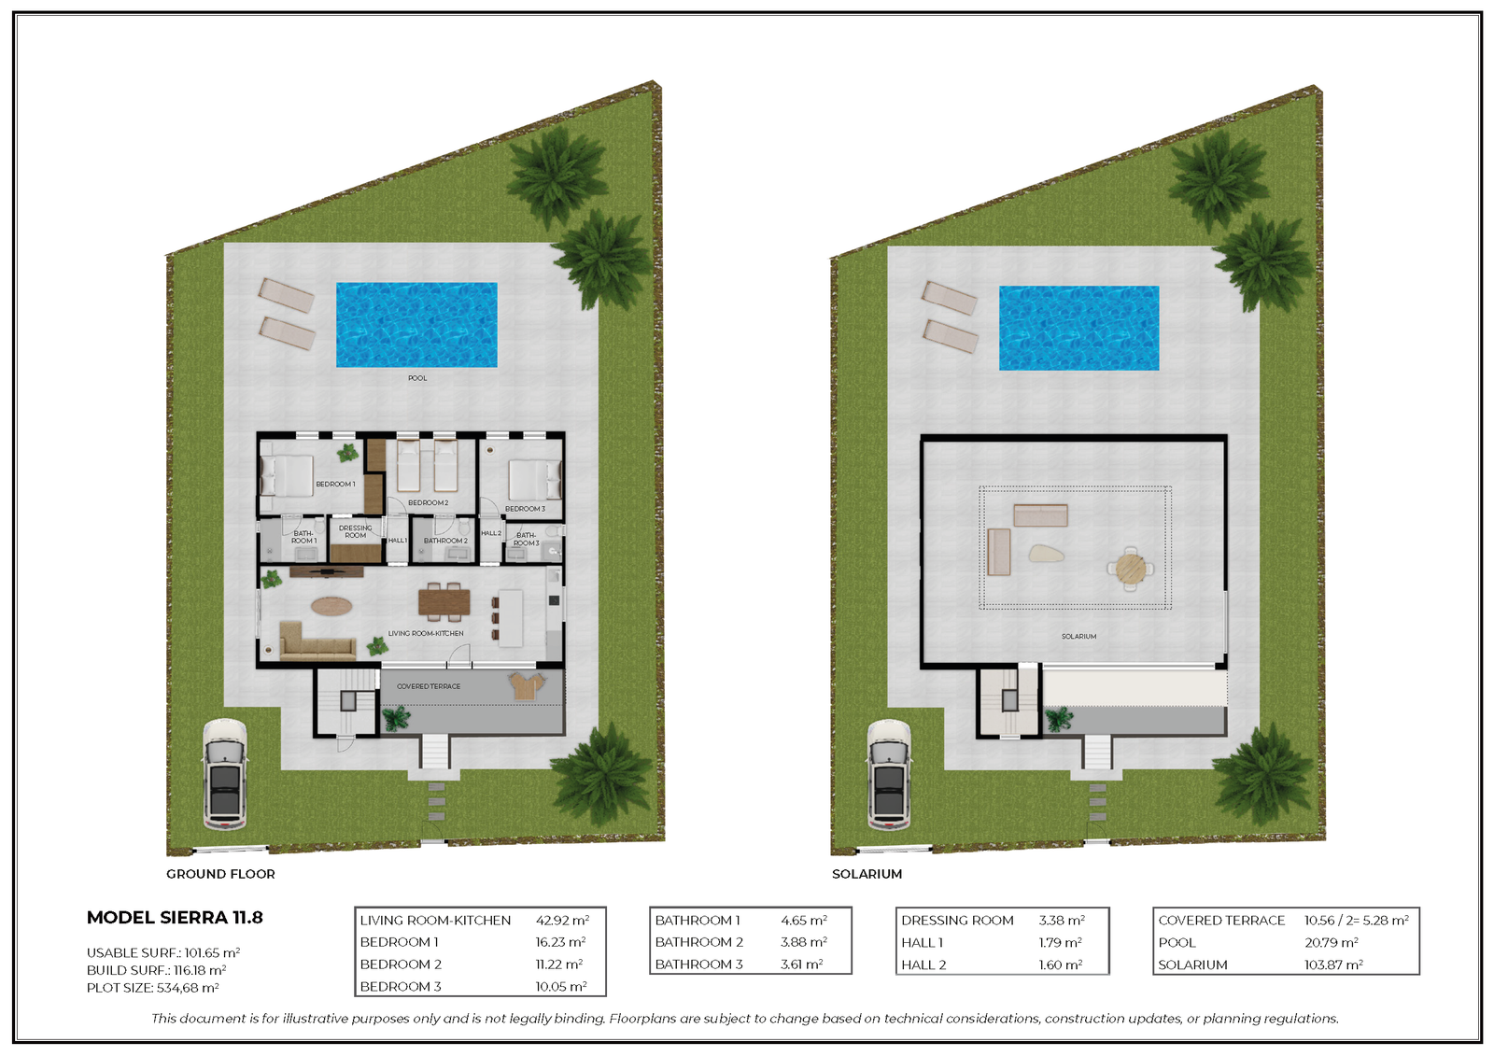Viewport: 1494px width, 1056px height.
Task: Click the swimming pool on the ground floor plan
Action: tap(416, 325)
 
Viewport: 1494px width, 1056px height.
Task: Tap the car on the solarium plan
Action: tap(889, 774)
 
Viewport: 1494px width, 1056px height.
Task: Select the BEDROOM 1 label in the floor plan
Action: tap(335, 485)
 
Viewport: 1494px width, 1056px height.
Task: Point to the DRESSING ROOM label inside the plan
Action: tap(356, 531)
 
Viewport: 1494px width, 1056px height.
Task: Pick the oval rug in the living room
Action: tap(331, 606)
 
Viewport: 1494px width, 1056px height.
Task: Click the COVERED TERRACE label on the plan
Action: tap(429, 686)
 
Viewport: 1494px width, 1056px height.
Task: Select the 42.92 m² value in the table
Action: tap(562, 921)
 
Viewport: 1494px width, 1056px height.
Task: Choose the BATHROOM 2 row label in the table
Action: tap(699, 942)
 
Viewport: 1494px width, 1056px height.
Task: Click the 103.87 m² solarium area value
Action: tap(1334, 964)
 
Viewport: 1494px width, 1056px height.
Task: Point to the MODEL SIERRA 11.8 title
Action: tap(175, 918)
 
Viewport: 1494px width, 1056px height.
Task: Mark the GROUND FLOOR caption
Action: tap(220, 874)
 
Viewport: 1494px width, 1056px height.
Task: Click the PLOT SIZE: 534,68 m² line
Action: tap(153, 988)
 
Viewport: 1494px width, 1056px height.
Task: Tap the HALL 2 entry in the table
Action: tap(923, 964)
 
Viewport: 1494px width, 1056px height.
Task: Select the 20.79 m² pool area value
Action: tap(1332, 943)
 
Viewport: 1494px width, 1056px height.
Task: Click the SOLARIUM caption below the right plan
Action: tap(867, 874)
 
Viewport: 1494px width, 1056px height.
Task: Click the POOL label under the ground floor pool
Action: tap(417, 378)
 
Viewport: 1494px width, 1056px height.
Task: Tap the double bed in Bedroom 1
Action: tap(287, 476)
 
